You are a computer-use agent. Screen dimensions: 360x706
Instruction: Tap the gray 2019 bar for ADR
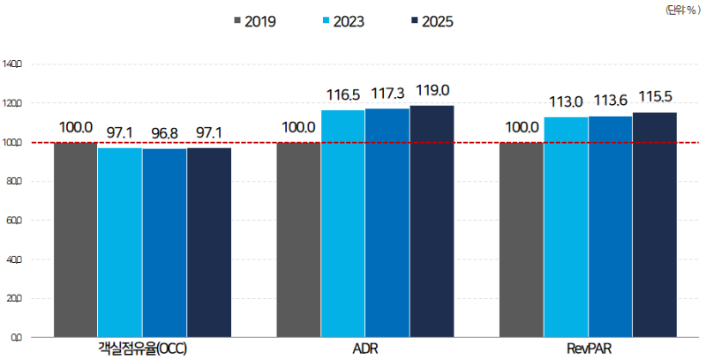tap(298, 238)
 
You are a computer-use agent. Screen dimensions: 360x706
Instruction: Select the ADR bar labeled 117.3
tap(387, 221)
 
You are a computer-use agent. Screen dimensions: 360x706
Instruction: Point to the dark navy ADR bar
tap(432, 221)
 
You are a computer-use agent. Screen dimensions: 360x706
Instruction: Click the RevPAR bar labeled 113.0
tap(566, 226)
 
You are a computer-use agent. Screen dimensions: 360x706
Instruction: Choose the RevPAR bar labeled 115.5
tap(655, 224)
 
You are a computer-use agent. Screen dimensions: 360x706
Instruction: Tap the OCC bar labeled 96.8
tap(164, 242)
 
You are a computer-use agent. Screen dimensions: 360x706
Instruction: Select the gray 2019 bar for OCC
tap(75, 238)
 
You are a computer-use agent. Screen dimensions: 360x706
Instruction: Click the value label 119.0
tap(432, 90)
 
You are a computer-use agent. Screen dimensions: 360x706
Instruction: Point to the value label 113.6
tap(611, 101)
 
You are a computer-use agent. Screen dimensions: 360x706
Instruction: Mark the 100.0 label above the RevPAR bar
tap(522, 127)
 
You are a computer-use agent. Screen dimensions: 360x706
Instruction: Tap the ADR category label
tap(364, 349)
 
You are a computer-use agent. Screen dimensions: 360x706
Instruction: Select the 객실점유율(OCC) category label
tap(142, 349)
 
